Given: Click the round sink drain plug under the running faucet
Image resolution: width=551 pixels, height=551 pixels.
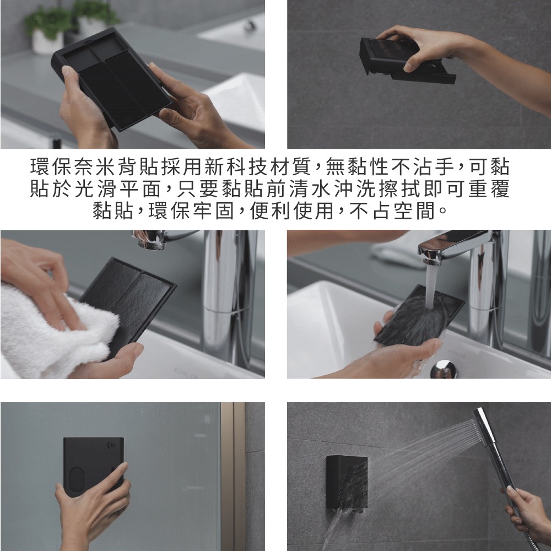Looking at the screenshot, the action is [x=444, y=369].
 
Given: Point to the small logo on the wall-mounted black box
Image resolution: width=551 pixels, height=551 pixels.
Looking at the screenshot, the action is [x=111, y=445].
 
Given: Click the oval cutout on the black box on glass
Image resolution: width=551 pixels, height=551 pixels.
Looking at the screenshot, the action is [x=76, y=480].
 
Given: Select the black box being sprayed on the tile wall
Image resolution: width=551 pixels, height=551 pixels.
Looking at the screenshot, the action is [x=347, y=483].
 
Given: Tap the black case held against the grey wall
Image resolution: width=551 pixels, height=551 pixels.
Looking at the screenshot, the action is [x=407, y=61].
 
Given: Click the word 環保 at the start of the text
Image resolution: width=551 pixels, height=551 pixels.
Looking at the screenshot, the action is [x=52, y=166].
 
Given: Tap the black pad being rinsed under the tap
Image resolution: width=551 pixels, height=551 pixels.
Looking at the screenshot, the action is [x=418, y=315].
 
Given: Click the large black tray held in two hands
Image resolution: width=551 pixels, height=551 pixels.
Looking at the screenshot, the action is [x=112, y=78].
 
